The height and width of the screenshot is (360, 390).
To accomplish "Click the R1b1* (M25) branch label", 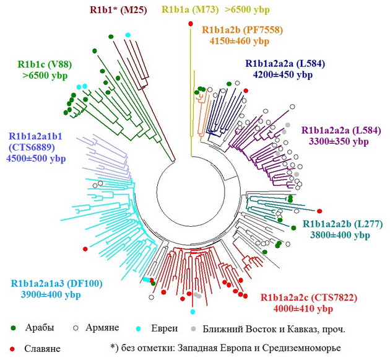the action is [118, 10].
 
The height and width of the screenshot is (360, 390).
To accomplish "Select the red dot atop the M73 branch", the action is [191, 24].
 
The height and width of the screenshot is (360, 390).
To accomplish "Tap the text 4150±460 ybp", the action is [240, 41].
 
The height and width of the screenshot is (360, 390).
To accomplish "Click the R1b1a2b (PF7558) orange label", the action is [243, 30].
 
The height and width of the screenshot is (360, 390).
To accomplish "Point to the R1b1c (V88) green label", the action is [45, 64].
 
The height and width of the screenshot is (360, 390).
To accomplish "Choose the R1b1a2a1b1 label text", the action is [35, 136].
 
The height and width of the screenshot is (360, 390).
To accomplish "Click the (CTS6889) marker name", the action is [32, 147].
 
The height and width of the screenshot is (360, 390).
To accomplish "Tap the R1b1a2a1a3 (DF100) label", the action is [57, 283].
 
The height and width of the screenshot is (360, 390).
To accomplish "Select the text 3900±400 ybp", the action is [51, 294].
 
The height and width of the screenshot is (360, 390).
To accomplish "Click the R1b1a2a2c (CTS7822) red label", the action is [309, 297].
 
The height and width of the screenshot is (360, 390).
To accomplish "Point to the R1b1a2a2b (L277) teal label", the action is [343, 224].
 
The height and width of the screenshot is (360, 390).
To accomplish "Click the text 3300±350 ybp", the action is [339, 141].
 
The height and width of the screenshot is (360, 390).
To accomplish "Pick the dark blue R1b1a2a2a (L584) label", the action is [285, 63].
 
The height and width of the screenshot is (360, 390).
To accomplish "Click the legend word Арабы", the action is [39, 327].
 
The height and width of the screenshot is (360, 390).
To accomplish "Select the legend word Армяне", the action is [102, 327].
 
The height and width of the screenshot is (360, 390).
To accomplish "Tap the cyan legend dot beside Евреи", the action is [138, 329].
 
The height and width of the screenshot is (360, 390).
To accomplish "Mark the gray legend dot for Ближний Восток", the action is [193, 329].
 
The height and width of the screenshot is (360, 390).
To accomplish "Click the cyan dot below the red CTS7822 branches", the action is [193, 312].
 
